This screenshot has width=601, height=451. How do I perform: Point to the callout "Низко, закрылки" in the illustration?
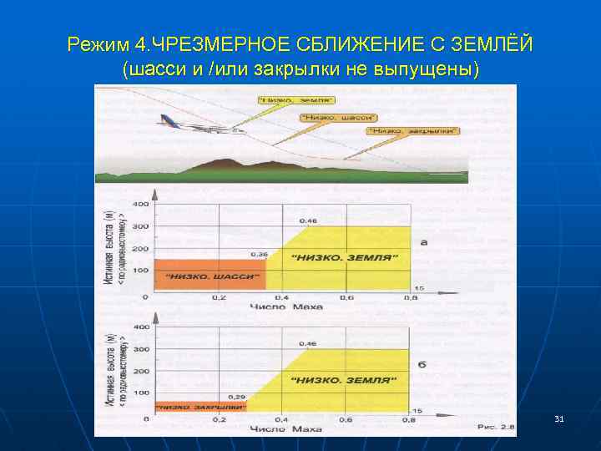click(413, 130)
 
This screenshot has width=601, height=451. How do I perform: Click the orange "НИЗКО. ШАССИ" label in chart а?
click(212, 276)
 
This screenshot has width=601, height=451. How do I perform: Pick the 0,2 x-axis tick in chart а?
click(218, 299)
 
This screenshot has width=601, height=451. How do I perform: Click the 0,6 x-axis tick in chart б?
click(346, 420)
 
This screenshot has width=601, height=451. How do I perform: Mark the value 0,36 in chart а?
click(258, 254)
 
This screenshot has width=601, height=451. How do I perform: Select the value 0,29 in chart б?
click(236, 396)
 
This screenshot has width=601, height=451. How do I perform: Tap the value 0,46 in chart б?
click(308, 343)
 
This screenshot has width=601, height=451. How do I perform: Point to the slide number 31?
click(558, 418)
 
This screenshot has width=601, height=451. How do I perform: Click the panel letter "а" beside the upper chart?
click(423, 242)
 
